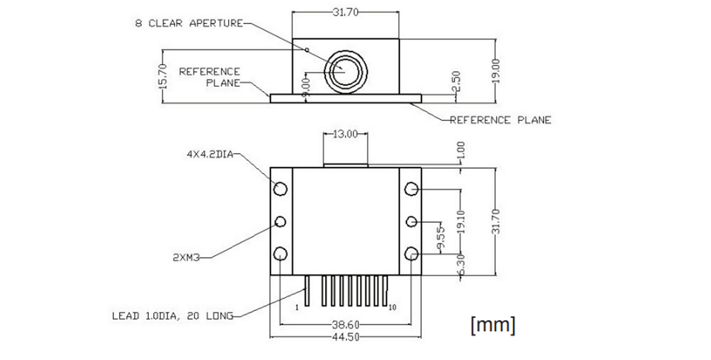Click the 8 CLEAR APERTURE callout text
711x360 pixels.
189,23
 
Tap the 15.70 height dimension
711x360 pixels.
164,76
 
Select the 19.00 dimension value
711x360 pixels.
495,70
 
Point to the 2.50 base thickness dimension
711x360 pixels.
456,81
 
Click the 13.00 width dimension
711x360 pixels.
346,134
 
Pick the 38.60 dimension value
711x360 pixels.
347,324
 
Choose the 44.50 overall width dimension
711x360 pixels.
346,337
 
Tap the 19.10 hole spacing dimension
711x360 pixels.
462,221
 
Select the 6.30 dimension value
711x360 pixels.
462,265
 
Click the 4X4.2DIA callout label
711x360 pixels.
210,154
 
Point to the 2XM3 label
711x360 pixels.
186,258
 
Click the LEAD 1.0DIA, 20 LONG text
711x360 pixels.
173,316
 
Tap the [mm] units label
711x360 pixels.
493,324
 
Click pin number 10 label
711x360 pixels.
393,307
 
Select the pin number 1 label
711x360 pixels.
297,307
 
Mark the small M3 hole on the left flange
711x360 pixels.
281,221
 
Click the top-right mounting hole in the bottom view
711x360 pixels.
412,189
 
